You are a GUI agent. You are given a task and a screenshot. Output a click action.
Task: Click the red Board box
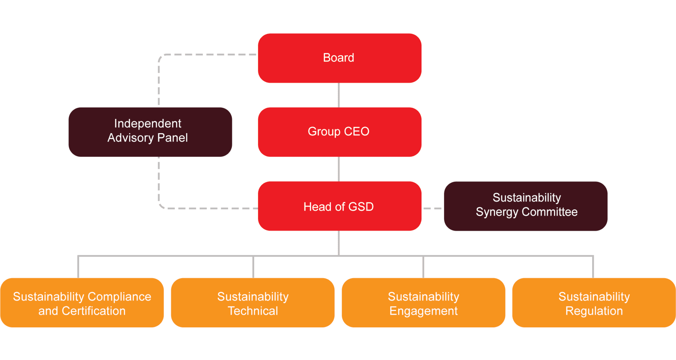340,58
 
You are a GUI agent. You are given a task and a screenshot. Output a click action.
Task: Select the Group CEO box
340,132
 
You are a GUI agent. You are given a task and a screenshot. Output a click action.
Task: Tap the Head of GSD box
340,206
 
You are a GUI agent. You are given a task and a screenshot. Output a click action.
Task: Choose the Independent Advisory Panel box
150,132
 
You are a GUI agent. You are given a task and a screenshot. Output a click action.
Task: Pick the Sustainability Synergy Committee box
525,206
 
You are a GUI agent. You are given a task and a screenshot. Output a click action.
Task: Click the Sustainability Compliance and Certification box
82,303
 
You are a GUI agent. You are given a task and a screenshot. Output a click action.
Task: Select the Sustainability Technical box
253,303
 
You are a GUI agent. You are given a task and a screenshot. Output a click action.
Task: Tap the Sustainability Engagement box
423,303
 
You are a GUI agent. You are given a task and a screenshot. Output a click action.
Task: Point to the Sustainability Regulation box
594,303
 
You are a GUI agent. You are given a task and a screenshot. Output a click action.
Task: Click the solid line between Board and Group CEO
339,95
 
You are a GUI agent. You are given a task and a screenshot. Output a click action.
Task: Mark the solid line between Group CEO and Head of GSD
339,169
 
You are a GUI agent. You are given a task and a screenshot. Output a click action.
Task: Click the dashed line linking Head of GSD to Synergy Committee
433,208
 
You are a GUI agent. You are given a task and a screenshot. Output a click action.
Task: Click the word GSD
361,207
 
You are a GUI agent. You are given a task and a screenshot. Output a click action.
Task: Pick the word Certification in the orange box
94,311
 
